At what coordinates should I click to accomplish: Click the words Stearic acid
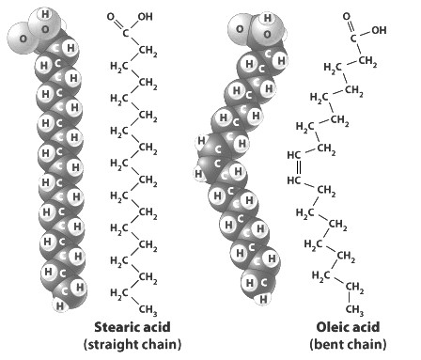133,327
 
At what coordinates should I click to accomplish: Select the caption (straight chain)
133,344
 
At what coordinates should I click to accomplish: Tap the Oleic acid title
348,327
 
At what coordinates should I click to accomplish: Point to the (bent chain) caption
348,344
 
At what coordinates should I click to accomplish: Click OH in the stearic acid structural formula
145,16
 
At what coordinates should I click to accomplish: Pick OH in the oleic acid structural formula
379,30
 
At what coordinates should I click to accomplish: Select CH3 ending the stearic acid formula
148,310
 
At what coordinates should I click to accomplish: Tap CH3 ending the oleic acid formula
354,309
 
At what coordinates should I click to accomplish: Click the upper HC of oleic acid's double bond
294,155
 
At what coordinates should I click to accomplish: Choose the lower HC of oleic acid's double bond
294,180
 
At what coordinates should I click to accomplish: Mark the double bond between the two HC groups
299,167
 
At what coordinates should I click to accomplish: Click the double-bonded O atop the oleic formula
347,16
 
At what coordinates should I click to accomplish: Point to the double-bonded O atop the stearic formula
111,16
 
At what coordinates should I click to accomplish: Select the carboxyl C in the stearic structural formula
125,33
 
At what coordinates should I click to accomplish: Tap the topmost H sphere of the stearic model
45,14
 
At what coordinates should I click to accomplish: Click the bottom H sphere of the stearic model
59,305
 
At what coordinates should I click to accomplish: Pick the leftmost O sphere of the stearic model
23,39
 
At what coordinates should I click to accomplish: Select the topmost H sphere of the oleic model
267,18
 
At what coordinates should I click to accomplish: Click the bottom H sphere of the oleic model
263,300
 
